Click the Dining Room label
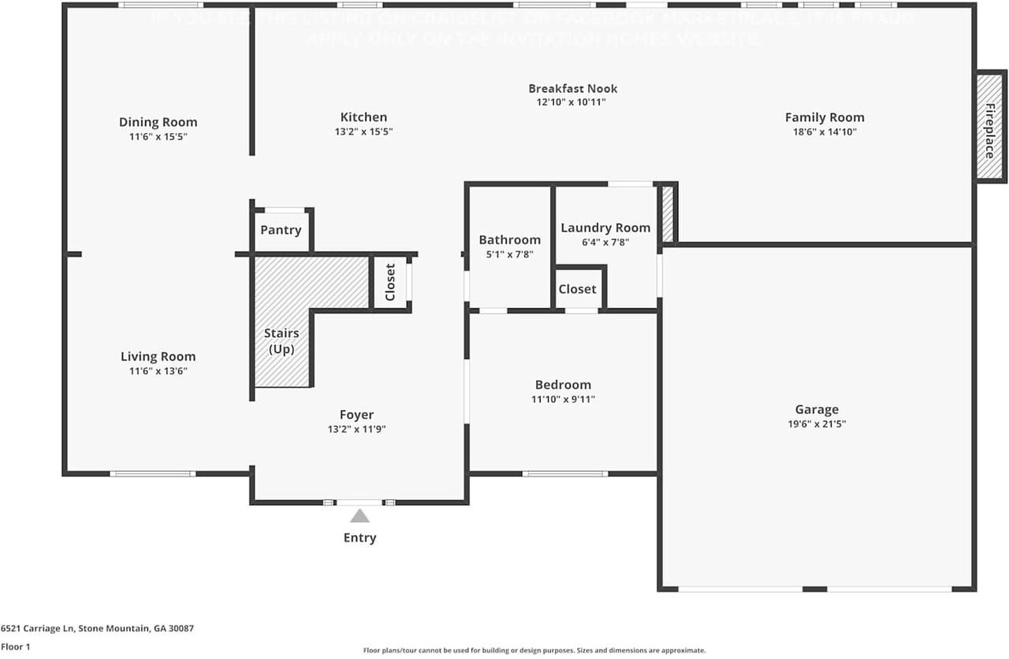tap(158, 122)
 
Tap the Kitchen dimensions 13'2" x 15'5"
tap(363, 132)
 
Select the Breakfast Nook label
tap(572, 89)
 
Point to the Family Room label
tap(825, 117)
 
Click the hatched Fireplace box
tap(989, 128)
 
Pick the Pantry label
tap(281, 230)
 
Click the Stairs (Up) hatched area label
tap(281, 341)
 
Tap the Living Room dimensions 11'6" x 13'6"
tap(158, 371)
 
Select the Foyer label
tap(356, 415)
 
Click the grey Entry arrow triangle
tap(359, 516)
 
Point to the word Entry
tap(359, 538)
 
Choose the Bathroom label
tap(509, 239)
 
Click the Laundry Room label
tap(605, 228)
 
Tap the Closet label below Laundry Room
tap(577, 289)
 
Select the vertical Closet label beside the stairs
tap(390, 282)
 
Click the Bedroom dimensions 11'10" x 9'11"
tap(563, 399)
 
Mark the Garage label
tap(817, 409)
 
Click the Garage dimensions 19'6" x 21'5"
tap(817, 424)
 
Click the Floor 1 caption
tap(16, 647)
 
